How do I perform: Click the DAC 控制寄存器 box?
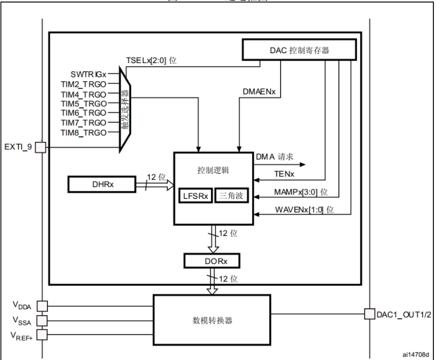pyautogui.click(x=299, y=50)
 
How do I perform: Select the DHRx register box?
pyautogui.click(x=101, y=184)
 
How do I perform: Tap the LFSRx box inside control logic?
pyautogui.click(x=196, y=196)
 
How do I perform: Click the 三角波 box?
pyautogui.click(x=231, y=196)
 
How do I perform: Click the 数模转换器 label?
pyautogui.click(x=212, y=320)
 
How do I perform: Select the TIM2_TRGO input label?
pyautogui.click(x=83, y=85)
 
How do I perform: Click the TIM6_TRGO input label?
pyautogui.click(x=83, y=113)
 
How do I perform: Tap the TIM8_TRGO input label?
pyautogui.click(x=83, y=133)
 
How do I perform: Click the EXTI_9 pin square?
pyautogui.click(x=41, y=147)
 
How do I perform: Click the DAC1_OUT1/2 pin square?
pyautogui.click(x=369, y=314)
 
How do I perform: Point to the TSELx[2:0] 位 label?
pyautogui.click(x=151, y=60)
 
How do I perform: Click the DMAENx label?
pyautogui.click(x=259, y=91)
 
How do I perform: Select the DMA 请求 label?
pyautogui.click(x=274, y=156)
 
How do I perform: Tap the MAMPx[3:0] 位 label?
pyautogui.click(x=301, y=192)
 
